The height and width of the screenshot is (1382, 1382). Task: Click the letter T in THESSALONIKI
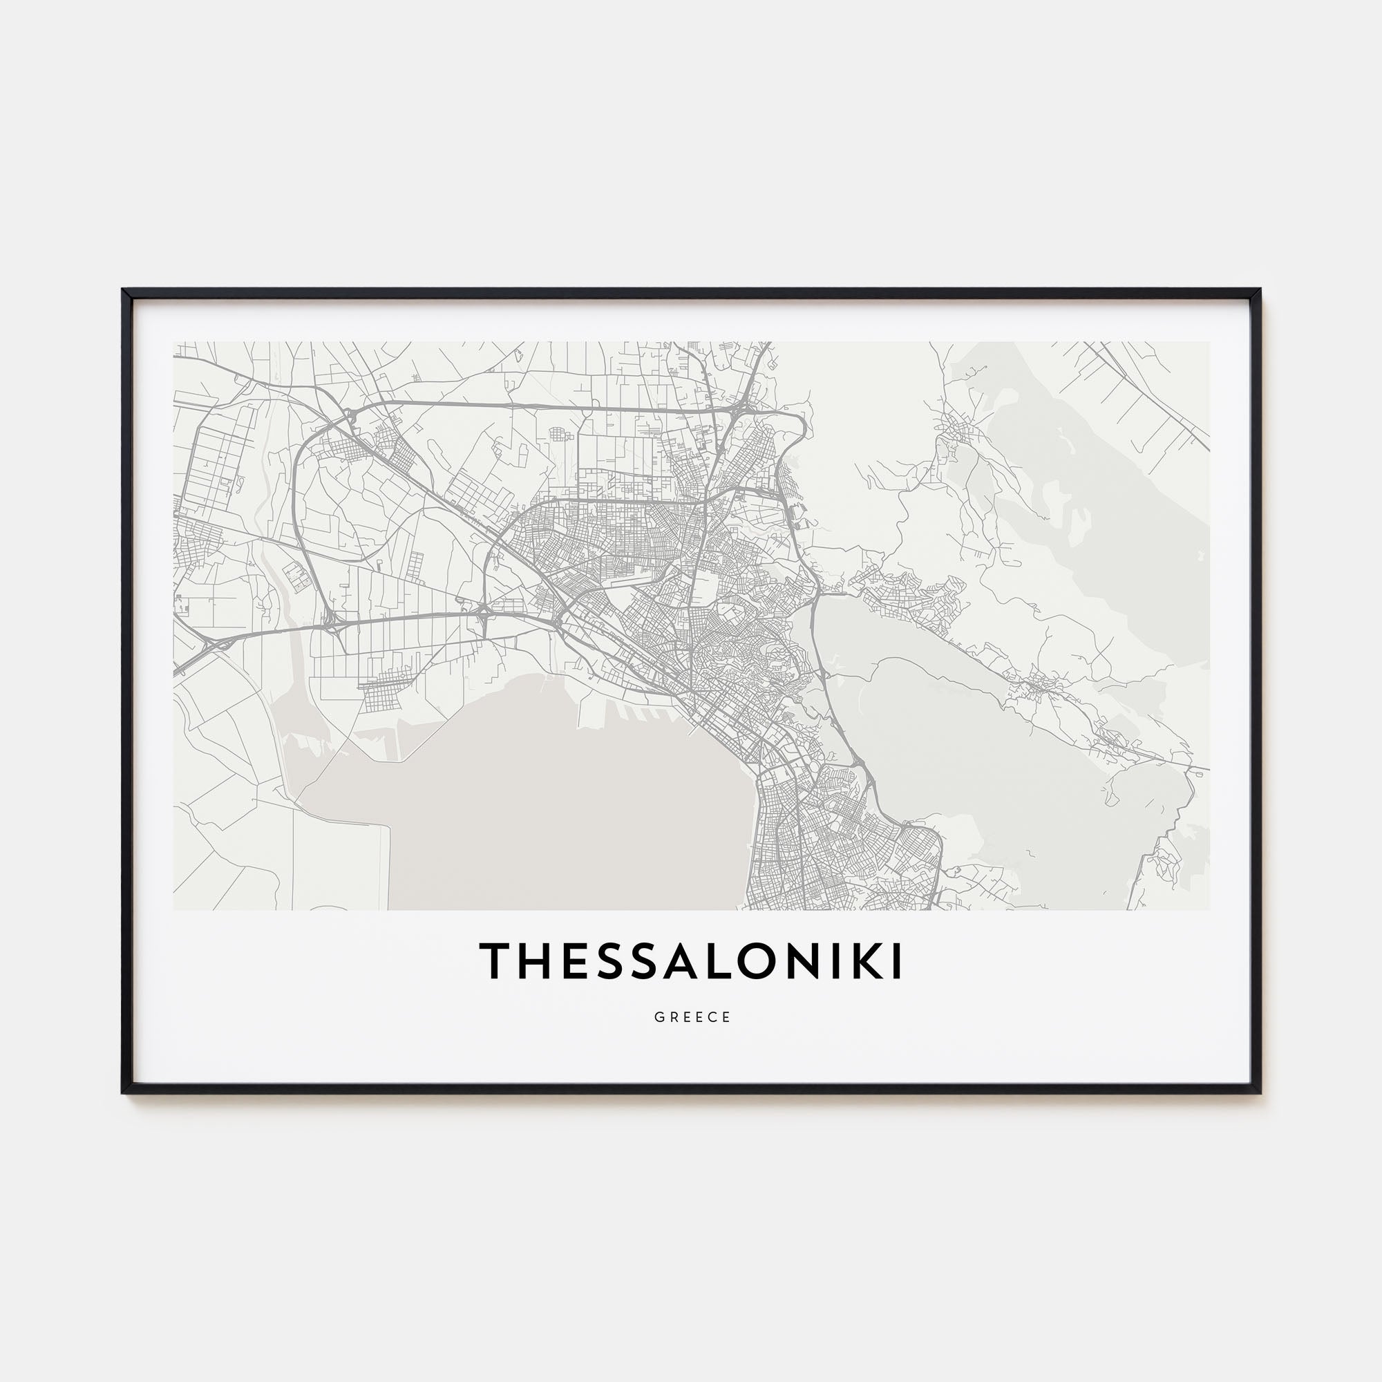coord(493,960)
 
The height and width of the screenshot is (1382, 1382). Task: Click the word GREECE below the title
coord(692,1017)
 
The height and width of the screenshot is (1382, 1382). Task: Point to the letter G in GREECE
coord(658,1017)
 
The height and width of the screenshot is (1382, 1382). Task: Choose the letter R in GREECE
coord(672,1017)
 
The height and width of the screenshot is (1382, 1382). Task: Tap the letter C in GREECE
coord(712,1017)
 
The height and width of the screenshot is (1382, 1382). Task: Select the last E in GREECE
coord(727,1017)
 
